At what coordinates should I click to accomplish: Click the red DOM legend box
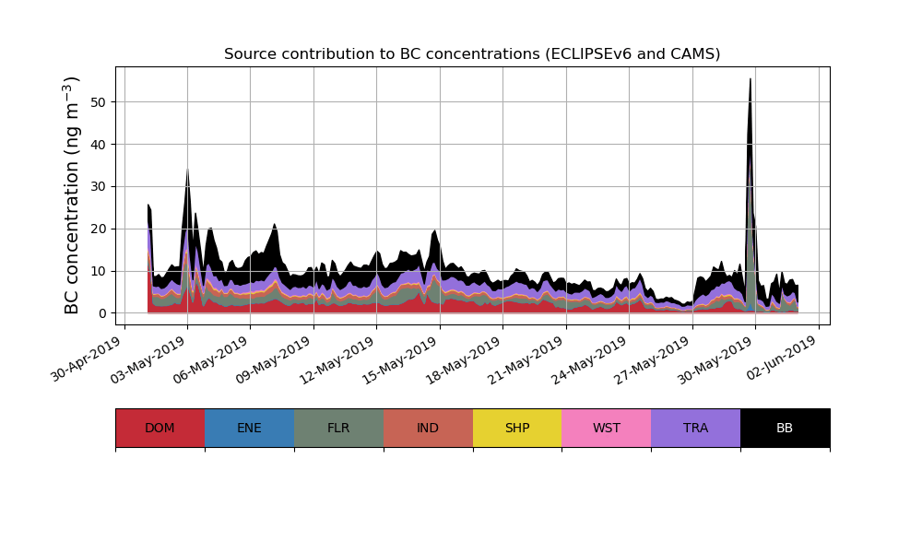160,428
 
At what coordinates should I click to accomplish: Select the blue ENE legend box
249,428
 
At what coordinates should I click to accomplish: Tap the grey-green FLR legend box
338,428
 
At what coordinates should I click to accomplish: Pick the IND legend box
428,428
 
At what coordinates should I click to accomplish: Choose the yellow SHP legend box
517,428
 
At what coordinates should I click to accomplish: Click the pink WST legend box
607,428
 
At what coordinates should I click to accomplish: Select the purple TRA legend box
696,428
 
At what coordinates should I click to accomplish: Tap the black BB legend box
785,428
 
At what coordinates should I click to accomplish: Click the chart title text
472,54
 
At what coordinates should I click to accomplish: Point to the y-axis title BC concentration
73,195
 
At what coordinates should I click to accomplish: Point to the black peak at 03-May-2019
187,175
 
